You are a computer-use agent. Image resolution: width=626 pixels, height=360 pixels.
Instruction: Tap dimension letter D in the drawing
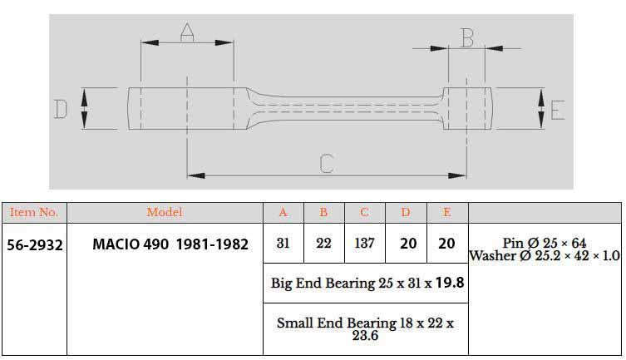(x=61, y=109)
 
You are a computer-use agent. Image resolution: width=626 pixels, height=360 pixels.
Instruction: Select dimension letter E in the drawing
(x=558, y=110)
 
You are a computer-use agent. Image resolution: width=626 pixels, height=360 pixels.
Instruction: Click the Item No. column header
(x=33, y=213)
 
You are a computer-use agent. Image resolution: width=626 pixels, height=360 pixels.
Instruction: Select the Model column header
(x=165, y=213)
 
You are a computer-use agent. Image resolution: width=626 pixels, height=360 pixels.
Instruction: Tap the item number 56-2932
(x=34, y=246)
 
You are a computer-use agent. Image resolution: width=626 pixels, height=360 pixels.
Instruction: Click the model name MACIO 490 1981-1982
(x=170, y=246)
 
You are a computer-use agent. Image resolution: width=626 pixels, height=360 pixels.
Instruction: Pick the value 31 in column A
(x=283, y=245)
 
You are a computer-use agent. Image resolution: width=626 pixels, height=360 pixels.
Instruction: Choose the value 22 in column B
(x=324, y=245)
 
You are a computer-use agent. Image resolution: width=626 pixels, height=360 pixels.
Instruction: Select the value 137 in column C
(x=365, y=245)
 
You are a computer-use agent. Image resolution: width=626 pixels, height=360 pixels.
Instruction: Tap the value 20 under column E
(x=446, y=245)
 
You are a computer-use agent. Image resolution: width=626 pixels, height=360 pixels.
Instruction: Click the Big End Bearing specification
(x=367, y=283)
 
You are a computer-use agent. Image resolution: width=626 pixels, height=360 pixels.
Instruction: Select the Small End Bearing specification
(x=366, y=328)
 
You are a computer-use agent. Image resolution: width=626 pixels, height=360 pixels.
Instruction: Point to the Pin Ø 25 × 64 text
(x=545, y=243)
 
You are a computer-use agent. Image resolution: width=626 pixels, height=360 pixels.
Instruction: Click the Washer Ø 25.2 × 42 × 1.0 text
(x=545, y=256)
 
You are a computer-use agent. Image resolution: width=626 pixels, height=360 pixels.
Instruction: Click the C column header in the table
(x=365, y=213)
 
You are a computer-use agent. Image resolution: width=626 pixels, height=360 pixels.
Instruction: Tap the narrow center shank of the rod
(x=349, y=108)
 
